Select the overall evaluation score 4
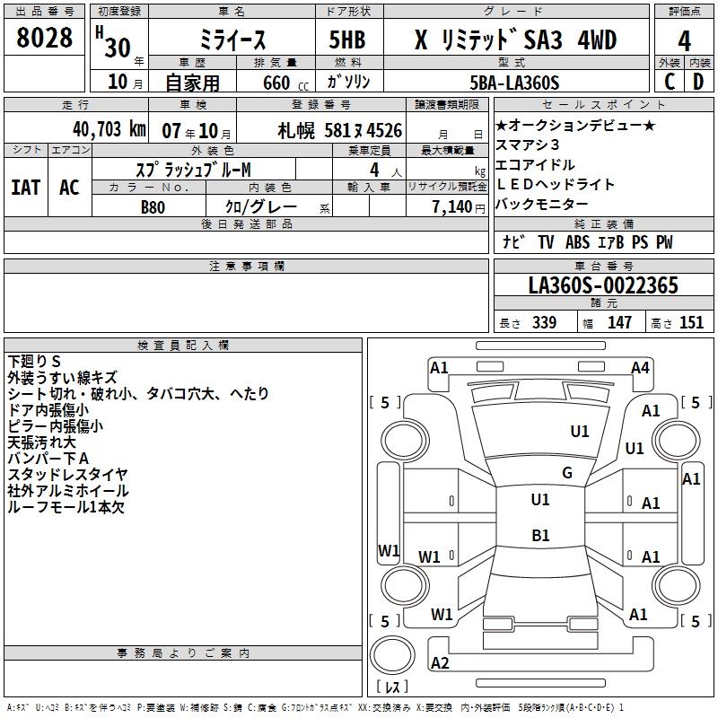684,40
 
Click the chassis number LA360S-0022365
603,285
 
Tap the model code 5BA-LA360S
515,83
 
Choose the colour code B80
153,206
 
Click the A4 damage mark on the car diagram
640,367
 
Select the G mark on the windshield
566,473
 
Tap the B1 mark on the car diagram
540,536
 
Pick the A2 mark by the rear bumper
440,663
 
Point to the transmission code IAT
25,188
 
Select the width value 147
619,323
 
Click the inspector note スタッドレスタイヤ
67,474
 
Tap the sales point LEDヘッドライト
556,185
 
